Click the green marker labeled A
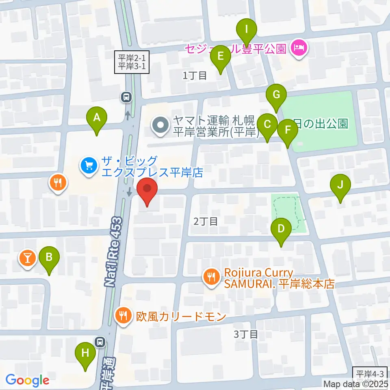[x=97, y=119]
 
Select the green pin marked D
[x=281, y=229]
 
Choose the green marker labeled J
[x=340, y=185]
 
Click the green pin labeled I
[x=247, y=30]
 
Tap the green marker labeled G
[x=276, y=95]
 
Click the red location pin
[x=147, y=190]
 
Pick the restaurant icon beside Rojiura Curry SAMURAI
[x=211, y=278]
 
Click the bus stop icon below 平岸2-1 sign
[x=126, y=97]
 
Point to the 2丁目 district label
[x=205, y=221]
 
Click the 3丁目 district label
[x=246, y=334]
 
